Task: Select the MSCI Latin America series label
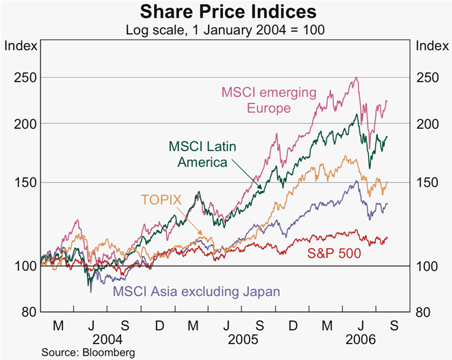click(202, 154)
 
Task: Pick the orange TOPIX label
click(161, 200)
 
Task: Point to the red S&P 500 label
click(334, 253)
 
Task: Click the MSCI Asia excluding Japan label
click(197, 291)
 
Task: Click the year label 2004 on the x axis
click(108, 339)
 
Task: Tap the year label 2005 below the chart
click(243, 339)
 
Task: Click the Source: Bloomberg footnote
click(88, 352)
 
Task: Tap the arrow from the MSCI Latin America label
click(248, 174)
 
